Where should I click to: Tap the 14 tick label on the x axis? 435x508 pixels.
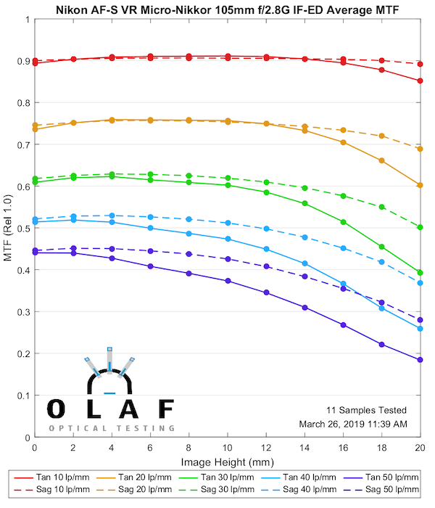pyautogui.click(x=304, y=450)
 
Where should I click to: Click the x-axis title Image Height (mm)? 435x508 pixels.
pyautogui.click(x=227, y=462)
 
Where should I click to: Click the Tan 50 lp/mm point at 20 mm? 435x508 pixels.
pyautogui.click(x=420, y=359)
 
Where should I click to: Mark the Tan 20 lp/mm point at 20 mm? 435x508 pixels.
pyautogui.click(x=420, y=185)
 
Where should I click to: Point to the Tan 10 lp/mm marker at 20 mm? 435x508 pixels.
pyautogui.click(x=420, y=81)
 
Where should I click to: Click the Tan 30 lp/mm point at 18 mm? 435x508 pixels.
pyautogui.click(x=381, y=247)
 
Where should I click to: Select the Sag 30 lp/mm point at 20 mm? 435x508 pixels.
pyautogui.click(x=420, y=227)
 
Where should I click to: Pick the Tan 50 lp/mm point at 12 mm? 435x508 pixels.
pyautogui.click(x=266, y=292)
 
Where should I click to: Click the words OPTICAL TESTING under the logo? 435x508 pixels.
pyautogui.click(x=111, y=428)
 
